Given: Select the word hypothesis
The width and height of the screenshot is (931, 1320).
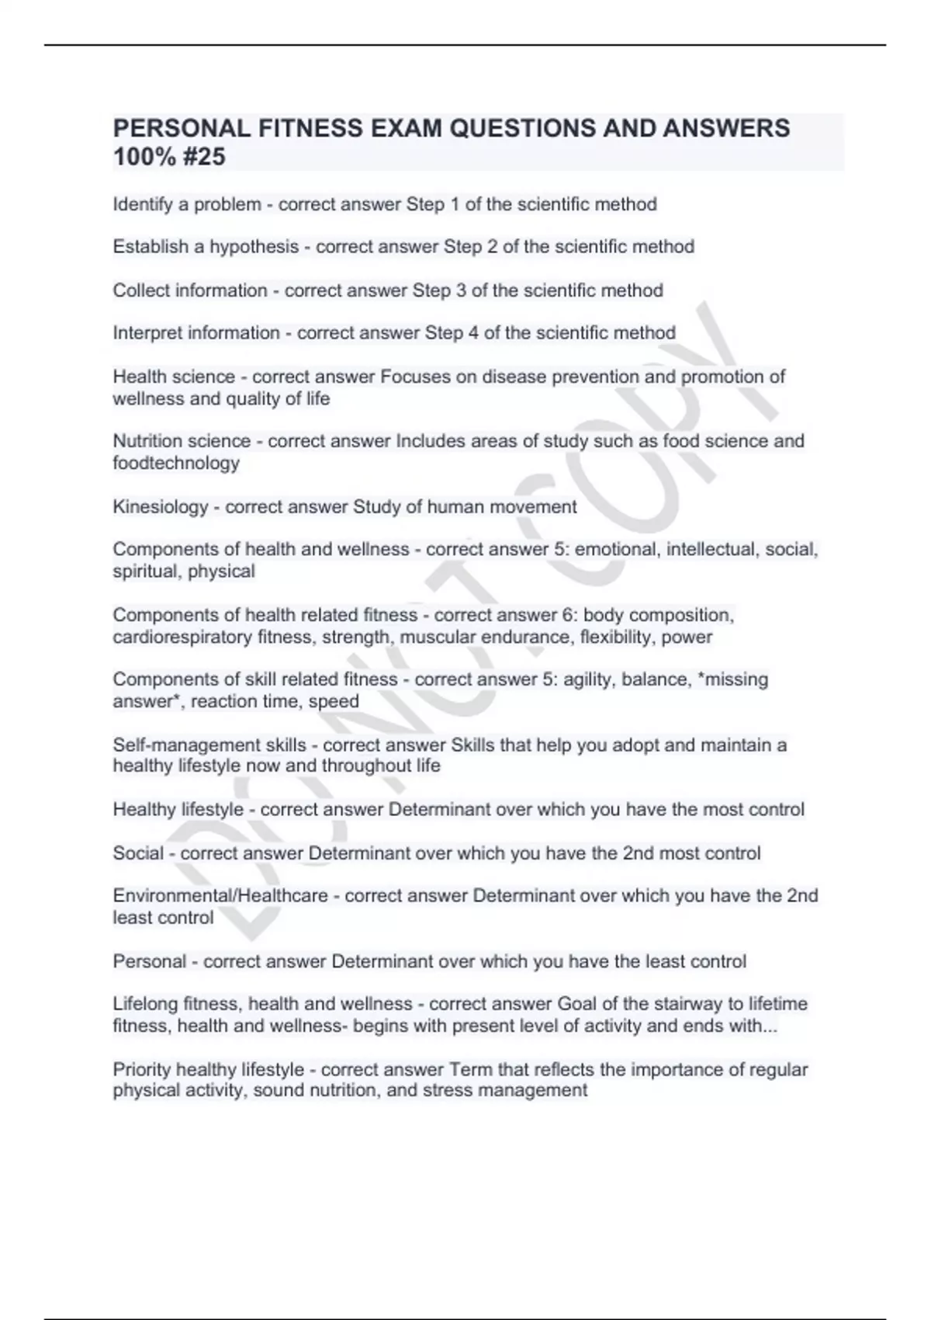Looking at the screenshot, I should pos(254,247).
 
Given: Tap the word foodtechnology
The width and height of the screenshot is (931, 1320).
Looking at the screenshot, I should pos(176,464).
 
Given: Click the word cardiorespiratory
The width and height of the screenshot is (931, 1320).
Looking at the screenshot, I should pos(182,637).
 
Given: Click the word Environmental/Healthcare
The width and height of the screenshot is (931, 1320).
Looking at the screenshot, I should pos(220,896).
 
